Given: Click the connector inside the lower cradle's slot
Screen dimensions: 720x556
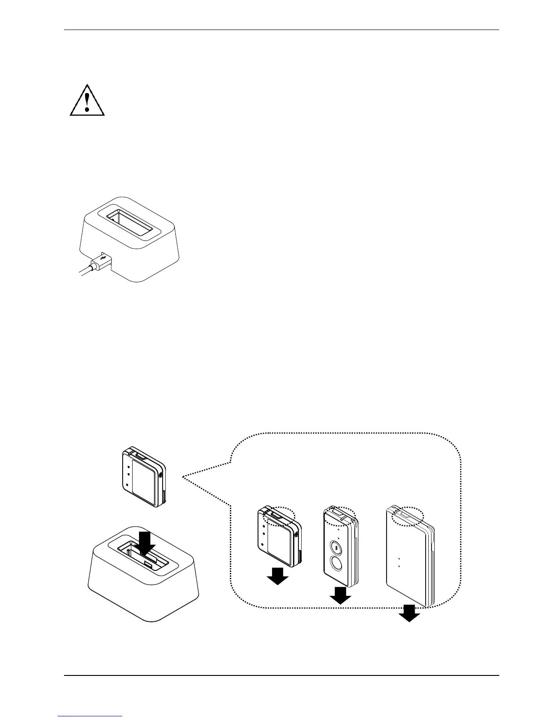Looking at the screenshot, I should (x=149, y=564).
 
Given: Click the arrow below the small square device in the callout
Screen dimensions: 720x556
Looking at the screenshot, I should (x=277, y=576).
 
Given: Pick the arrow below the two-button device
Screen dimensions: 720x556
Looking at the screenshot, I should (x=340, y=595).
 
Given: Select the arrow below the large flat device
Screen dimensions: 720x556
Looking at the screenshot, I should (x=409, y=613).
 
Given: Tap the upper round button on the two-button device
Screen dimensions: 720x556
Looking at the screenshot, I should (x=336, y=548).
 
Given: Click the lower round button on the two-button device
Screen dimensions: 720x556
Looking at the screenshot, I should (x=337, y=565).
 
